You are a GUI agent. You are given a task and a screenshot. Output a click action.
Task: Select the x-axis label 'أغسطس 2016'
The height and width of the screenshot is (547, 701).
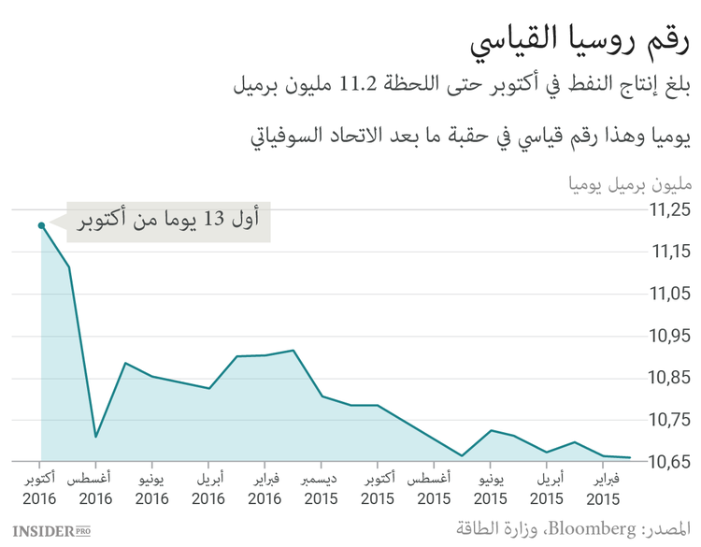pyautogui.click(x=95, y=489)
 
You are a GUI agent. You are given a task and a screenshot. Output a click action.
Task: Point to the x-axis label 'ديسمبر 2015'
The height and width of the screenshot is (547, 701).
pyautogui.click(x=321, y=489)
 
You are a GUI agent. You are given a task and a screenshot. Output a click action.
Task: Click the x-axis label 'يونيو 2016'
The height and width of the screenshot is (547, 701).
pyautogui.click(x=152, y=489)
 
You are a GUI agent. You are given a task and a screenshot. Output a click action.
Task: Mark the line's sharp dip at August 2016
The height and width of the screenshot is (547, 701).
pyautogui.click(x=96, y=437)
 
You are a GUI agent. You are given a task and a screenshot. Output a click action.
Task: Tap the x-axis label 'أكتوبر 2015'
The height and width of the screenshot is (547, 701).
pyautogui.click(x=377, y=489)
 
